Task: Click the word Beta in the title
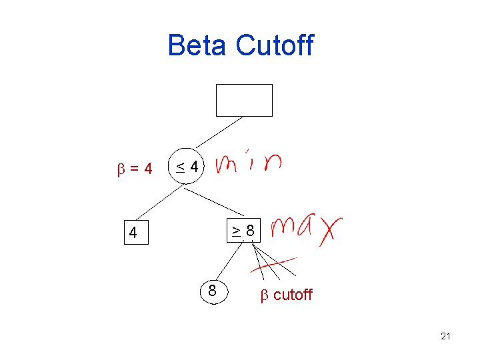[x=199, y=45]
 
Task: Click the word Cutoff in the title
[x=275, y=45]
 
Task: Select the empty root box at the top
[x=244, y=100]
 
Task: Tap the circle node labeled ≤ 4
[x=187, y=167]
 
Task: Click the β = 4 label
[x=135, y=169]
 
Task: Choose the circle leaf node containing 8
[x=212, y=291]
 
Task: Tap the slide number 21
[x=445, y=336]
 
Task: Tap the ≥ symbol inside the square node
[x=237, y=231]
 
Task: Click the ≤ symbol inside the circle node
[x=180, y=167]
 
